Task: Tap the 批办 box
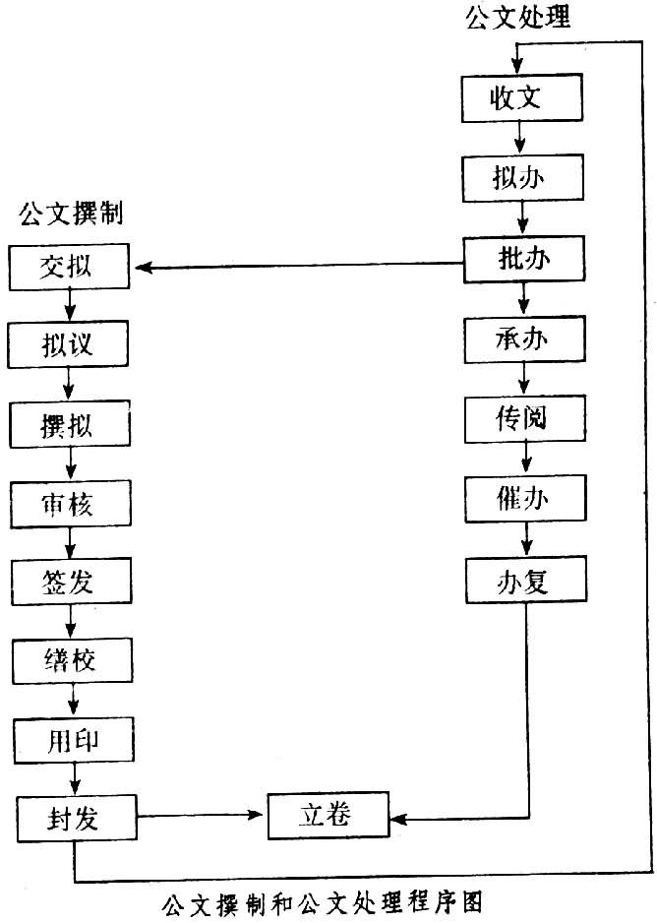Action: (x=523, y=260)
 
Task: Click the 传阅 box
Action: (x=523, y=418)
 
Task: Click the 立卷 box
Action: (x=328, y=815)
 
